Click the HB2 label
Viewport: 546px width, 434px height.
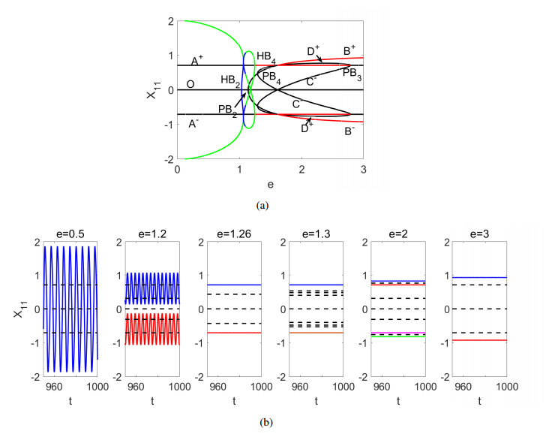(x=229, y=79)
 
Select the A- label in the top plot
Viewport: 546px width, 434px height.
(x=194, y=122)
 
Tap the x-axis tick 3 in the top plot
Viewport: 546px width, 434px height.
(x=363, y=170)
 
